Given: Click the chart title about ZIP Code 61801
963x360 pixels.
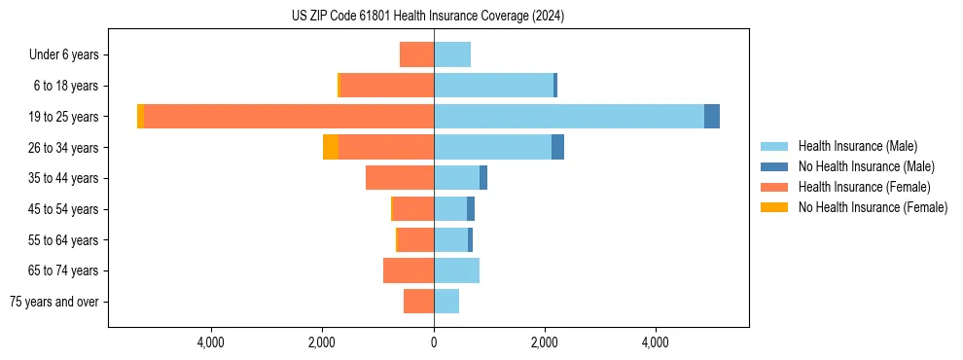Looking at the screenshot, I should tap(427, 17).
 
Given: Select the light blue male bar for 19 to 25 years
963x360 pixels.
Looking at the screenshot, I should tap(569, 116).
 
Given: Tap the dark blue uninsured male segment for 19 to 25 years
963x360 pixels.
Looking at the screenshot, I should tap(712, 116).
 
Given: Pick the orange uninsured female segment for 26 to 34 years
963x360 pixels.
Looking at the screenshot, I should tap(331, 147).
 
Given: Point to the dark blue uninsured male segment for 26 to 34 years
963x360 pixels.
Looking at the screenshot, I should tap(557, 147).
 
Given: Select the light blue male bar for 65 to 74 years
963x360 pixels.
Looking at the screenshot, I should tap(456, 270).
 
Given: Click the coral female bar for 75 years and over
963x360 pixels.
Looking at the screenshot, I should tap(418, 302).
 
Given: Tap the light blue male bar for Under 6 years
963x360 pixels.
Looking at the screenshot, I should tap(452, 54).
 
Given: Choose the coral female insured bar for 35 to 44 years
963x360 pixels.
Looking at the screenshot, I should tap(400, 178).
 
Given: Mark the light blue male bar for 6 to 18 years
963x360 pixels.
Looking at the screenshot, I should tap(493, 86).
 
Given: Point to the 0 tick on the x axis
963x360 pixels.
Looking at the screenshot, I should tap(434, 342).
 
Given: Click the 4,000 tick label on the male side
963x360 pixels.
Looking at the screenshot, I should tap(656, 342).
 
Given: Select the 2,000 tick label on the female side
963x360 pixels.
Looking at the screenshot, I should tap(322, 342).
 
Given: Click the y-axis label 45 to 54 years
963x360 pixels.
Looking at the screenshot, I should tap(64, 209).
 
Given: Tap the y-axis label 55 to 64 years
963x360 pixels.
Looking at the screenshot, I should tap(64, 240).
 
